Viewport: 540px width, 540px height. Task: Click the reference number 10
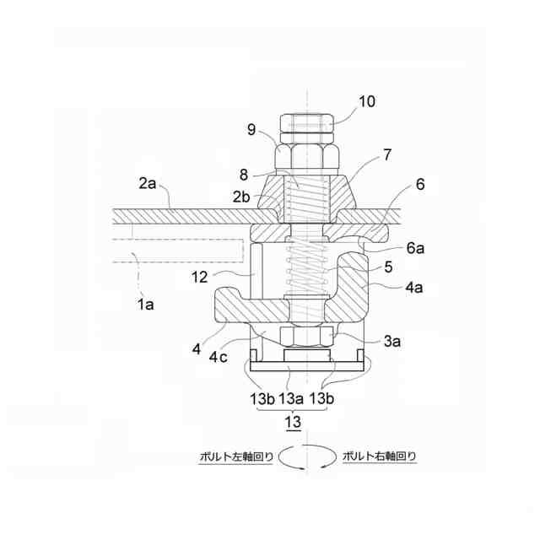367,102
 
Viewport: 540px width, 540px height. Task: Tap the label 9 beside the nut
251,130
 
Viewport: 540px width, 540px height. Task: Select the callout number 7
387,155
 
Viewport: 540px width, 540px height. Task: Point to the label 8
243,175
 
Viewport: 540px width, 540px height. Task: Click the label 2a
148,181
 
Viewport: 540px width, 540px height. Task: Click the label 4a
413,289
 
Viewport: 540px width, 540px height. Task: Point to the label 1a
147,305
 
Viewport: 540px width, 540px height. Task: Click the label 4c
219,357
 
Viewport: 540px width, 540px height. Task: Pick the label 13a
292,397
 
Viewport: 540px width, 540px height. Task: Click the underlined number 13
292,421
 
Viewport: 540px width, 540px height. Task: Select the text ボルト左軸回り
235,456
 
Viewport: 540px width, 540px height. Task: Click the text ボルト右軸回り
379,456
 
